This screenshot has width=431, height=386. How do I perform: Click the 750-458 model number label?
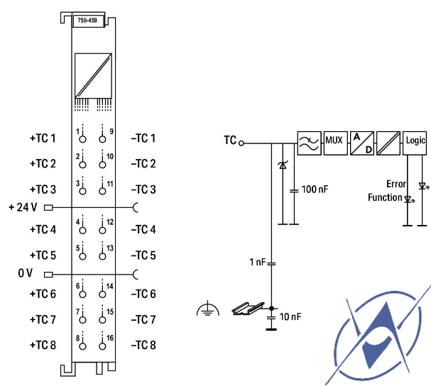87,21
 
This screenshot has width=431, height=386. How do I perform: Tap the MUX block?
335,143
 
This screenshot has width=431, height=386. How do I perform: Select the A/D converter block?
362,143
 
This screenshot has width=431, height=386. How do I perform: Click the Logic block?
415,143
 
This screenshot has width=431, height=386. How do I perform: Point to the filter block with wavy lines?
310,143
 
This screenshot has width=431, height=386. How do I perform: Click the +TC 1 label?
43,138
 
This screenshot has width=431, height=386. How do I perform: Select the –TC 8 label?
143,345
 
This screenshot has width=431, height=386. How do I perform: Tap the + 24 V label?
23,207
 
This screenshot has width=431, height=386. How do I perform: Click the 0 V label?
26,273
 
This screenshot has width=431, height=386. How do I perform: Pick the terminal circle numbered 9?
102,139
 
